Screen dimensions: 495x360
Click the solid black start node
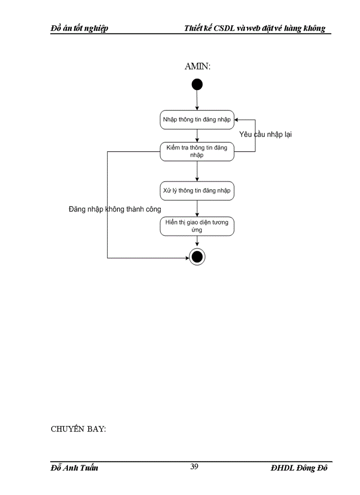pyautogui.click(x=197, y=85)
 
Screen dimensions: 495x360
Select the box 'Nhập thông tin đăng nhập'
pyautogui.click(x=197, y=120)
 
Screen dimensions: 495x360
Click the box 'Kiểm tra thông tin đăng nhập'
pyautogui.click(x=197, y=151)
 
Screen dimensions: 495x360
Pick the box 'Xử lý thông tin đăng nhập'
pyautogui.click(x=197, y=191)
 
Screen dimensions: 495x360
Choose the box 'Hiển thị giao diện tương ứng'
pyautogui.click(x=197, y=226)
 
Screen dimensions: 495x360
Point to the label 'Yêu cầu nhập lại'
pyautogui.click(x=265, y=134)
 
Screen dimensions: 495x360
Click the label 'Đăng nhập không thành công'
pyautogui.click(x=115, y=209)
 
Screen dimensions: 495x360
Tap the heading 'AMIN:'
pyautogui.click(x=197, y=67)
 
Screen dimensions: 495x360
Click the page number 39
pyautogui.click(x=194, y=467)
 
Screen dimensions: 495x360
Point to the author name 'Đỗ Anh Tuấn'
pyautogui.click(x=74, y=468)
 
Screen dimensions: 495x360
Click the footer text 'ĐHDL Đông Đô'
pyautogui.click(x=299, y=468)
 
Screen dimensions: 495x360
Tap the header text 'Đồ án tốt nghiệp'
pyautogui.click(x=80, y=29)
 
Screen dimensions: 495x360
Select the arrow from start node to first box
pyautogui.click(x=197, y=100)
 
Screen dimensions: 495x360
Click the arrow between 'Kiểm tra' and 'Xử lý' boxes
pyautogui.click(x=197, y=171)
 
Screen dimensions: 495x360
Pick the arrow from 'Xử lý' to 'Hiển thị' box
pyautogui.click(x=197, y=208)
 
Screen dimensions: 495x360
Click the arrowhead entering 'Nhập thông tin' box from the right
pyautogui.click(x=236, y=119)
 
